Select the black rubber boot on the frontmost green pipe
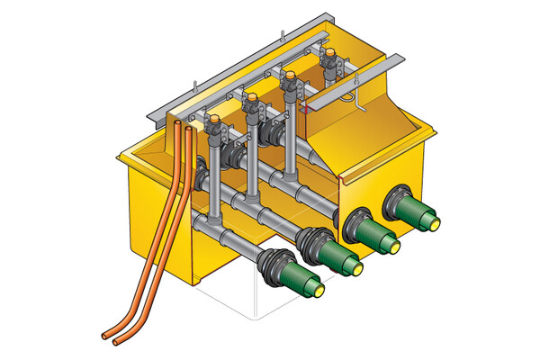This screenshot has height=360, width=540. coord(274,266)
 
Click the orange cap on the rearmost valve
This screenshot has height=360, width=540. coord(331,57)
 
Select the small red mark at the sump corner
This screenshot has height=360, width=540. coord(306,110)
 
